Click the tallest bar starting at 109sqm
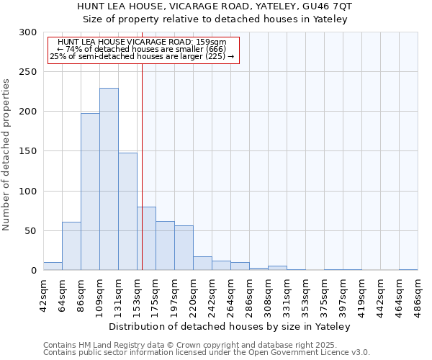[x=109, y=179]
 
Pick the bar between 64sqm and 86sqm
[x=71, y=246]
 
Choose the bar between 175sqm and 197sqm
[x=165, y=246]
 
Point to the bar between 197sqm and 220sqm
[x=184, y=248]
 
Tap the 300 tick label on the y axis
[x=28, y=32]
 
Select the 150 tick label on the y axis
[x=28, y=152]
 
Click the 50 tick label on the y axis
[x=31, y=231]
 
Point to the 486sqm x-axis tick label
[x=418, y=294]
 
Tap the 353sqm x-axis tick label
[x=305, y=294]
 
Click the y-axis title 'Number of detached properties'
[x=6, y=155]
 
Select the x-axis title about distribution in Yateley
[x=233, y=327]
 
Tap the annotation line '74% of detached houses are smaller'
[x=142, y=49]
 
